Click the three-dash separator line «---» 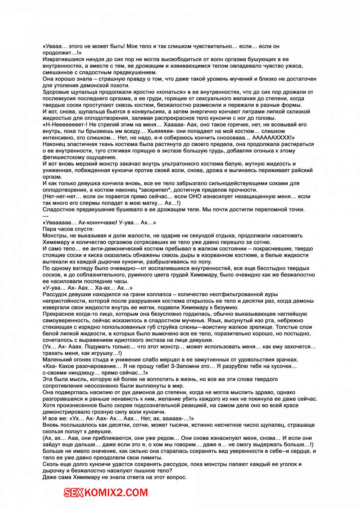45,216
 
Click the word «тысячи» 175,425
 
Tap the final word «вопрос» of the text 177,477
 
